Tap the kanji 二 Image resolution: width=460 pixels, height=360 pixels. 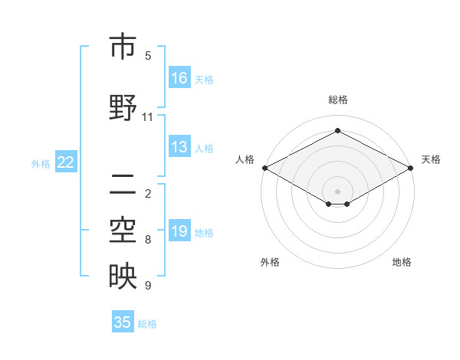pyautogui.click(x=123, y=185)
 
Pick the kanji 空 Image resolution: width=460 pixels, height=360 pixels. pyautogui.click(x=123, y=231)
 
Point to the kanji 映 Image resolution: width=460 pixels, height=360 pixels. pyautogui.click(x=123, y=277)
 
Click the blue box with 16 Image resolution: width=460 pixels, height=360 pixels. pyautogui.click(x=179, y=77)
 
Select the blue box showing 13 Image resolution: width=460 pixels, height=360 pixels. pyautogui.click(x=179, y=147)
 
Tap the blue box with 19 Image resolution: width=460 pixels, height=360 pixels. pyautogui.click(x=179, y=231)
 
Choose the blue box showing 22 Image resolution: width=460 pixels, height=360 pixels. pyautogui.click(x=66, y=162)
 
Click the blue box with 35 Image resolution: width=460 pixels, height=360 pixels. pyautogui.click(x=123, y=322)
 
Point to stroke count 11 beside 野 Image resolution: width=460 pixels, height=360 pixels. pyautogui.click(x=148, y=117)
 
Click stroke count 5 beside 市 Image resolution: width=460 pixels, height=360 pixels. pyautogui.click(x=148, y=56)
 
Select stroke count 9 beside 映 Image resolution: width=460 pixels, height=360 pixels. pyautogui.click(x=148, y=286)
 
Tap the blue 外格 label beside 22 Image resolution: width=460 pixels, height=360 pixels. pyautogui.click(x=41, y=163)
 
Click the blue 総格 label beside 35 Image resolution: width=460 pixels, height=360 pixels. pyautogui.click(x=147, y=324)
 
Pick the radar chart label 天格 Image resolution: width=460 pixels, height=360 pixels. pyautogui.click(x=431, y=159)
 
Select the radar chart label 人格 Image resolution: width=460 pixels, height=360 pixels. pyautogui.click(x=245, y=159)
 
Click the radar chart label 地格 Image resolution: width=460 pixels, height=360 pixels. pyautogui.click(x=402, y=262)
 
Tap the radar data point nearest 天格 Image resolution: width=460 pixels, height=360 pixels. pyautogui.click(x=412, y=168)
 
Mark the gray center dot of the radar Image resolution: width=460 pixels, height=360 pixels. pyautogui.click(x=338, y=190)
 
